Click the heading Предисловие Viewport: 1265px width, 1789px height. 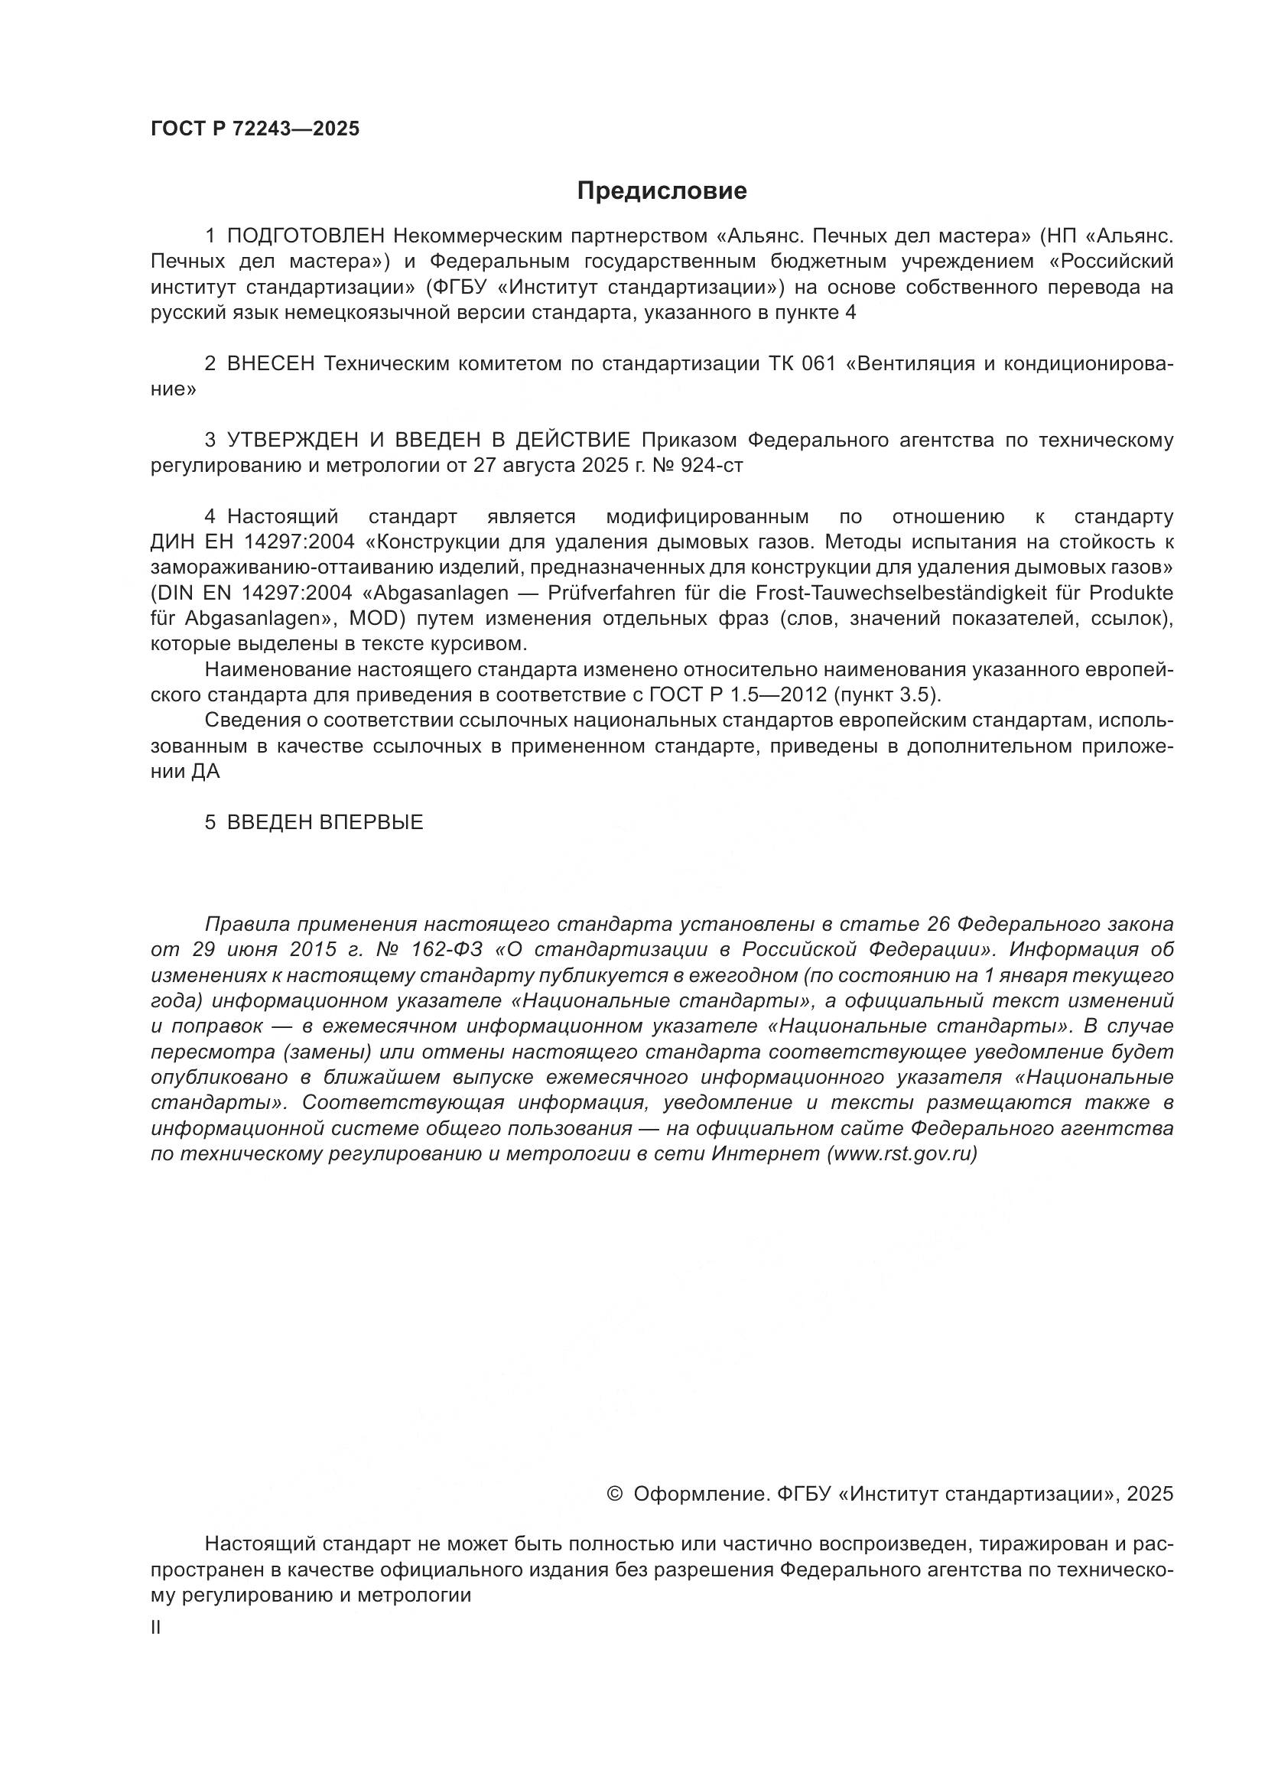pos(662,191)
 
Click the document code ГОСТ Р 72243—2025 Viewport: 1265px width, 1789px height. pos(255,128)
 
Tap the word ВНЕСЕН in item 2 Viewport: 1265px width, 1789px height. pos(271,364)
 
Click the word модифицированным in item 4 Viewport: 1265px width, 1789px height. pos(707,516)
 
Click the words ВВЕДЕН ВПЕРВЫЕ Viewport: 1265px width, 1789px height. pos(325,822)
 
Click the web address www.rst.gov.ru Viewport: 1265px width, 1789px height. pos(901,1154)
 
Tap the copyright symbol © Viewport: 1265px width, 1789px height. pos(614,1491)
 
